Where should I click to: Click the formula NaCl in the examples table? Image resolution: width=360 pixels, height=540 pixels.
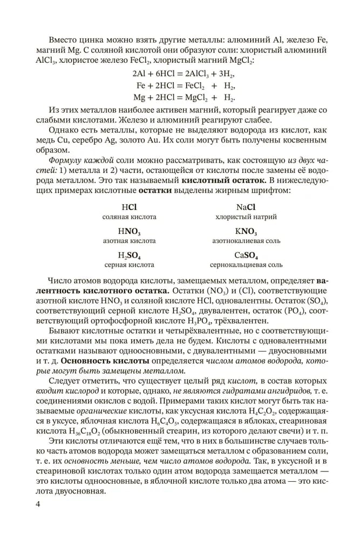[x=246, y=207]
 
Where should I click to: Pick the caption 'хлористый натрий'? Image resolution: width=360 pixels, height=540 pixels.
[x=246, y=217]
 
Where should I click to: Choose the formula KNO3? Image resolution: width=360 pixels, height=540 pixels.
[x=246, y=232]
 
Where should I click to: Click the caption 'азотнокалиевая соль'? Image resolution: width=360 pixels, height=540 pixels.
[x=246, y=241]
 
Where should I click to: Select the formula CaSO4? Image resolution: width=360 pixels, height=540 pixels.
[x=246, y=255]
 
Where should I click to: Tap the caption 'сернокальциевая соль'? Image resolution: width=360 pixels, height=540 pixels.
[x=246, y=265]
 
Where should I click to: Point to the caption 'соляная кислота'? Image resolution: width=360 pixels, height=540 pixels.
[x=129, y=217]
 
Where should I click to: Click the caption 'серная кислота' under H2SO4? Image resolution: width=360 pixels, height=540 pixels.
[x=129, y=265]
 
